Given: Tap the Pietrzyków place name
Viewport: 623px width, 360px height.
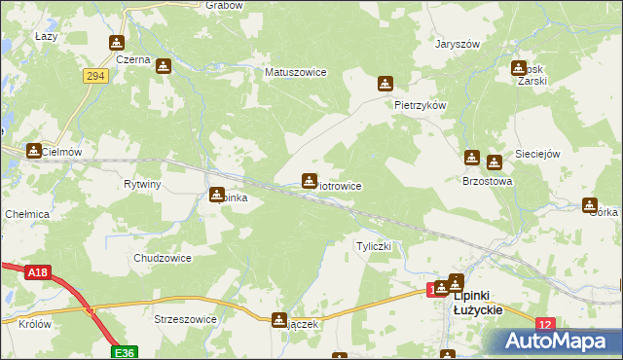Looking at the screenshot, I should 420,104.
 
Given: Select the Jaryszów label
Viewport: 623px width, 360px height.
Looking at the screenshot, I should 458,44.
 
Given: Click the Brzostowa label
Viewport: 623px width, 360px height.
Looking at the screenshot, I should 487,181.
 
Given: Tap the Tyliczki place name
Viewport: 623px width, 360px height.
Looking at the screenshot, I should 374,246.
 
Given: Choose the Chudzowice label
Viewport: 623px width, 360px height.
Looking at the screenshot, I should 162,258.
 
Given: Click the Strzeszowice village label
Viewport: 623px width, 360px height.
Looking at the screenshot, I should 185,318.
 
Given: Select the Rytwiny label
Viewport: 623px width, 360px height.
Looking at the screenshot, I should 142,184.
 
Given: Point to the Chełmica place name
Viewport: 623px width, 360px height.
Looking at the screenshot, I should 26,214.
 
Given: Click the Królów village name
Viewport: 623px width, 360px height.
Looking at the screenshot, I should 34,324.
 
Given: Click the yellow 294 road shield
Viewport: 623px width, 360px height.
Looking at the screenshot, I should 94,76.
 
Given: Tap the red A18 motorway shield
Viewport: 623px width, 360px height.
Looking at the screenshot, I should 37,273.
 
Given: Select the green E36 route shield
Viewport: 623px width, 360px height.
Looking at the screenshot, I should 123,351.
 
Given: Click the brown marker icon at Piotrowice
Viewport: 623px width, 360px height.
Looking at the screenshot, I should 309,180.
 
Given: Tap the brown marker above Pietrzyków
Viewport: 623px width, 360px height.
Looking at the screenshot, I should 386,84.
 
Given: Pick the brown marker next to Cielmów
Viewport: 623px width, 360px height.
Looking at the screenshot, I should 34,151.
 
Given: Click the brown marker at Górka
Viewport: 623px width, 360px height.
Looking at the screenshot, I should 589,205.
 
